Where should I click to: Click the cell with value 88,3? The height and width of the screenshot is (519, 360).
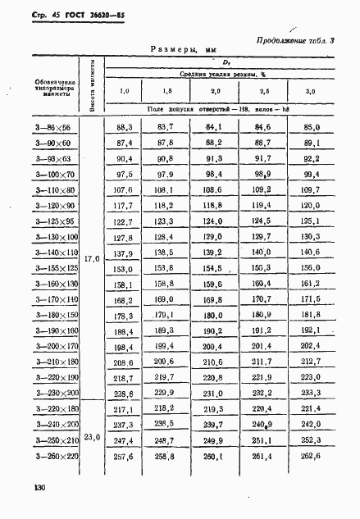pos(125,128)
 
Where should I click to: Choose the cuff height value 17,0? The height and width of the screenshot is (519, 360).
pos(92,259)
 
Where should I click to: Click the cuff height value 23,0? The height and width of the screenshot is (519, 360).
pos(92,438)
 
